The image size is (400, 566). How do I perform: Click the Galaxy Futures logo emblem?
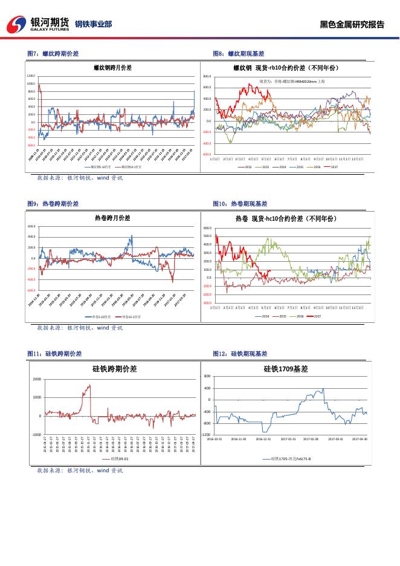point(16,24)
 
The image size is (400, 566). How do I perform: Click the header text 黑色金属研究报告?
point(352,25)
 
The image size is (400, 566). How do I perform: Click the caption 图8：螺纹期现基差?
point(239,54)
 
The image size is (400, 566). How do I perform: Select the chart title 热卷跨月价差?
point(112,218)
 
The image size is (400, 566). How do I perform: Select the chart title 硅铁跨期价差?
point(114,368)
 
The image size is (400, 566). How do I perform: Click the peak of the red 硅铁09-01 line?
point(89,385)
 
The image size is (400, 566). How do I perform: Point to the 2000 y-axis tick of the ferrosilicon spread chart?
point(36,379)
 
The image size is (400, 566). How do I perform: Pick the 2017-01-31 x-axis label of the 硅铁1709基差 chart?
point(288,439)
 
